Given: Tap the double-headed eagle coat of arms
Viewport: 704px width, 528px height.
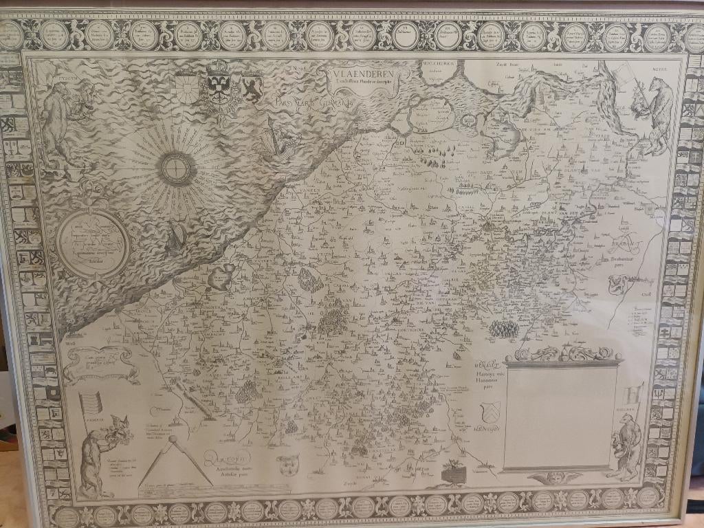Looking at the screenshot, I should coord(219,84).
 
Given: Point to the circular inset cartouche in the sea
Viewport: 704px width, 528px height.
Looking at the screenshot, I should coord(93,243).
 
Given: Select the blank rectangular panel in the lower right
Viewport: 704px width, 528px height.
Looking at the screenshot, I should coord(558,417).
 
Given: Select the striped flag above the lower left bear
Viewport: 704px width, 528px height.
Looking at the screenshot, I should coord(91,404).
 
